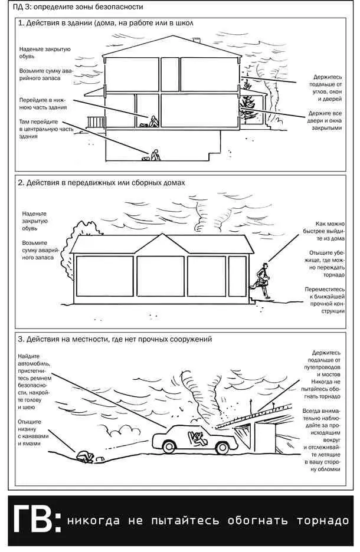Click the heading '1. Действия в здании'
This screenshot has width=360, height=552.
pos(106,23)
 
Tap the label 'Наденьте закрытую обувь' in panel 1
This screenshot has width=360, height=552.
pos(44,53)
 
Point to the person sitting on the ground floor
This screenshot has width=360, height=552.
pos(153,121)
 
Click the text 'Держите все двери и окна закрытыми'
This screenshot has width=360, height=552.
pos(325,120)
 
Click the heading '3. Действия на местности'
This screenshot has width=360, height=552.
pos(115,339)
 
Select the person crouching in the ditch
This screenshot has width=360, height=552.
pos(83,455)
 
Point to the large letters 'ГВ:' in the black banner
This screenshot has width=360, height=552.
pos(35,521)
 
